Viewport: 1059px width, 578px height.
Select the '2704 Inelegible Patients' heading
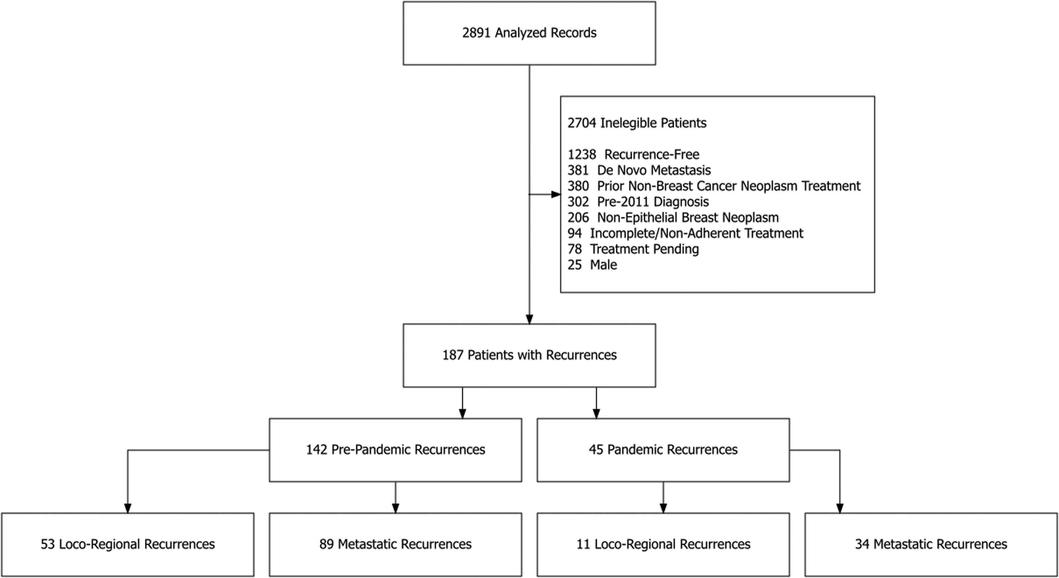(x=637, y=123)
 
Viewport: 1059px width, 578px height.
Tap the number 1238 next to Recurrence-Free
(x=581, y=155)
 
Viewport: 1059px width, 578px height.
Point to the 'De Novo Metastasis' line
(x=653, y=170)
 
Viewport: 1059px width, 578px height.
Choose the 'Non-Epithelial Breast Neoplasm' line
(x=687, y=217)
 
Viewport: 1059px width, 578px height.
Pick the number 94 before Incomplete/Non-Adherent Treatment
(x=574, y=233)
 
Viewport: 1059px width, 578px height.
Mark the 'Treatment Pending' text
(x=644, y=249)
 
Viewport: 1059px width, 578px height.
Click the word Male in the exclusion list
(x=603, y=265)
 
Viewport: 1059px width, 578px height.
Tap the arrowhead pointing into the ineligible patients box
(x=556, y=194)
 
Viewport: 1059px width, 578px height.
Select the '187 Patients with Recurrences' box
(x=529, y=355)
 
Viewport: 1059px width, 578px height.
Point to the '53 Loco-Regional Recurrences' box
(x=127, y=545)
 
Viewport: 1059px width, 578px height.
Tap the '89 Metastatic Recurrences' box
(x=395, y=545)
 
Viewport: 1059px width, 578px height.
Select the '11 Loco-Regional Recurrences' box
(x=663, y=545)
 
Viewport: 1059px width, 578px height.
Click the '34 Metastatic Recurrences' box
(x=931, y=545)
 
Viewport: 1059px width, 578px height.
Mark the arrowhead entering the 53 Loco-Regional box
(x=127, y=508)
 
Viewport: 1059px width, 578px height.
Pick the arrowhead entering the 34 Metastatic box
(x=839, y=508)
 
